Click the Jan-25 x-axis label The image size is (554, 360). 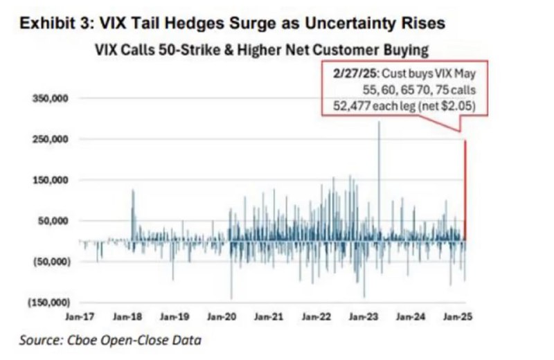click(457, 317)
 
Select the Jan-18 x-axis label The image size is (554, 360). click(127, 317)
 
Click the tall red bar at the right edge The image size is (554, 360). click(465, 187)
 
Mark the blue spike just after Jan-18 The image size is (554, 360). click(132, 208)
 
